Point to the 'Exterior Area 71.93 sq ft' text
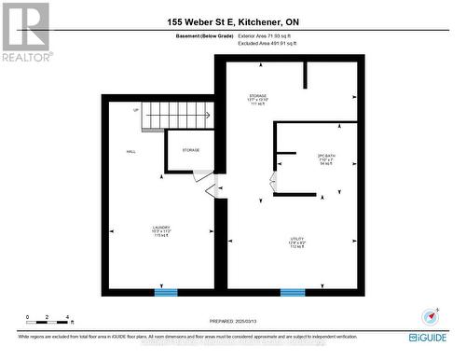point(259,36)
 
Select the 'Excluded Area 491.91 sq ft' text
point(260,44)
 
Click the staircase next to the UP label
point(178,113)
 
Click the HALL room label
point(131,151)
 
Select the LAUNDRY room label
point(161,230)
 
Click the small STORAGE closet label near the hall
point(190,150)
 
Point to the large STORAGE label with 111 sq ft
point(258,99)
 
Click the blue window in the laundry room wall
point(165,292)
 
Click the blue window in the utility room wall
point(293,292)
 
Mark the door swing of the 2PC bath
point(273,182)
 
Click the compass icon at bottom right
point(430,317)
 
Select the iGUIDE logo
point(428,336)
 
